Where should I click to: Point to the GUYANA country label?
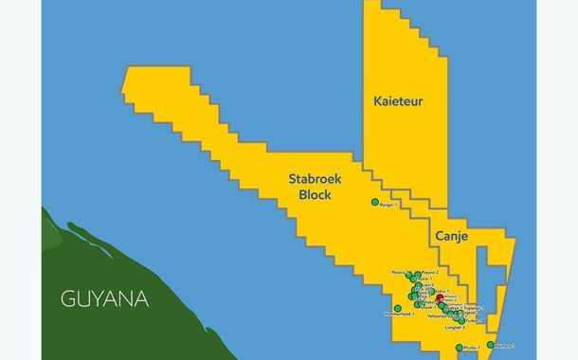pyautogui.click(x=104, y=299)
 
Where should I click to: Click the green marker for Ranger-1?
pyautogui.click(x=374, y=202)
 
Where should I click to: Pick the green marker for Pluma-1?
pyautogui.click(x=459, y=348)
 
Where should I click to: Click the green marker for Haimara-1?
pyautogui.click(x=490, y=345)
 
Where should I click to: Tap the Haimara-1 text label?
pyautogui.click(x=505, y=346)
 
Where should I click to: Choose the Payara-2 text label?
pyautogui.click(x=428, y=272)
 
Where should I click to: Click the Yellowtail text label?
pyautogui.click(x=438, y=316)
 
